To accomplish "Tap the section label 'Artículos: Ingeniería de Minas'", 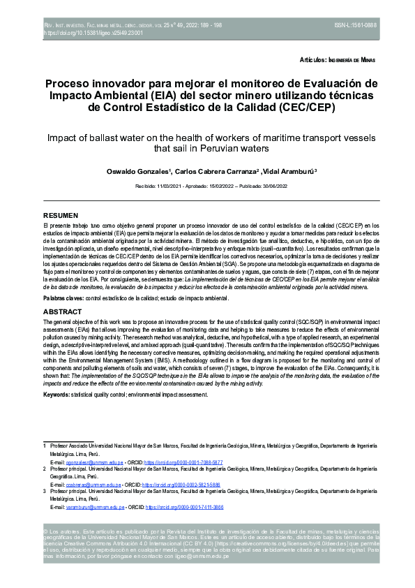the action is pyautogui.click(x=337, y=61).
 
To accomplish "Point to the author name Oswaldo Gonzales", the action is pyautogui.click(x=167, y=172).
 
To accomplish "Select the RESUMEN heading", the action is pyautogui.click(x=61, y=216).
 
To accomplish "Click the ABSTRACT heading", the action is pyautogui.click(x=63, y=311).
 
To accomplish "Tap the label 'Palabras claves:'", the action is pyautogui.click(x=63, y=298).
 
